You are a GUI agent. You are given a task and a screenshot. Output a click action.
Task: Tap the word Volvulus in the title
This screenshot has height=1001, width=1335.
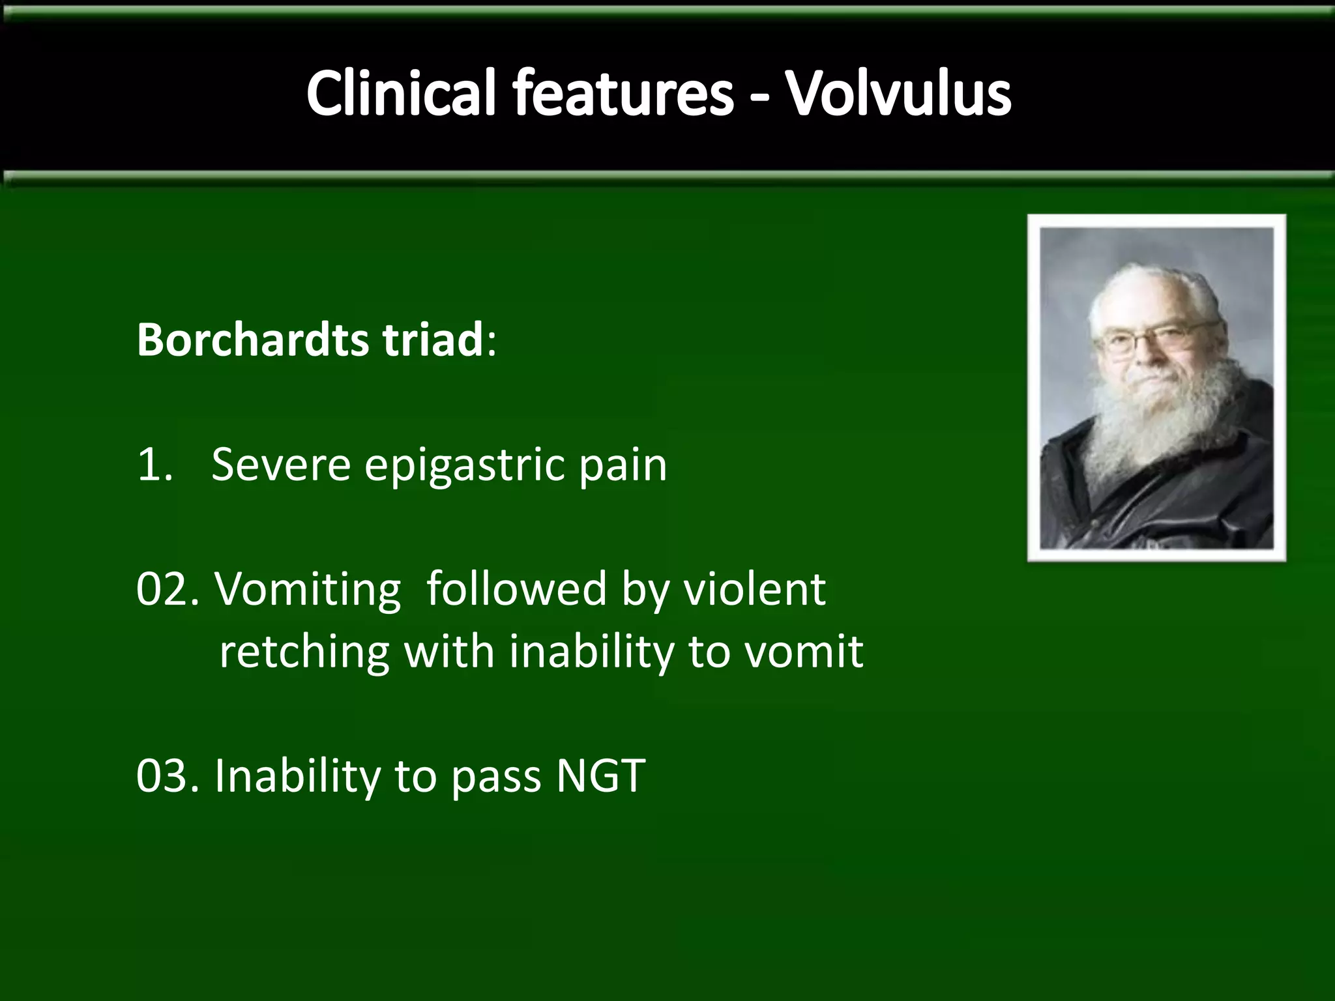[x=898, y=94]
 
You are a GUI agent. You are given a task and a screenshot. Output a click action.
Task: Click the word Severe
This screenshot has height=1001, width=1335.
[x=280, y=465]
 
